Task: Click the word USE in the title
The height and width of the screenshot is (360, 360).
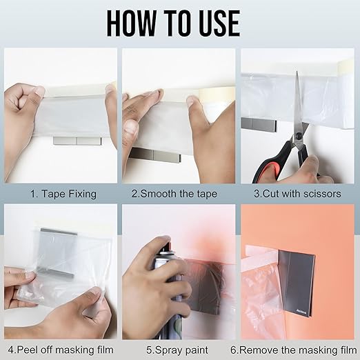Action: [216, 23]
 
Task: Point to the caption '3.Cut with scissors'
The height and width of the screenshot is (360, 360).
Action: [297, 194]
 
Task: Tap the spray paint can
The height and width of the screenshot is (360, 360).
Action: [164, 297]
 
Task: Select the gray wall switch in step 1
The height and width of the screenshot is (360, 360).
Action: [77, 141]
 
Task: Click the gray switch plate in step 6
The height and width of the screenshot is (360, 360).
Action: [297, 272]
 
